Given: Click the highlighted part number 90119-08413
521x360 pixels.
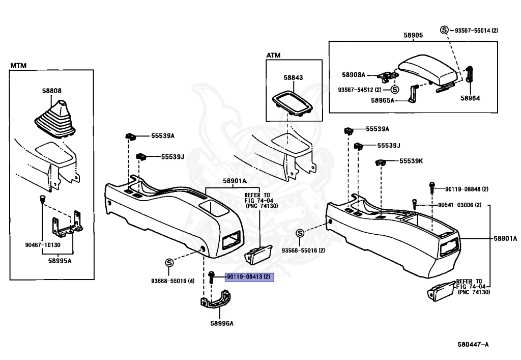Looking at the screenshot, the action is (245, 276).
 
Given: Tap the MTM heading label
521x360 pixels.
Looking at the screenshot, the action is (18, 66).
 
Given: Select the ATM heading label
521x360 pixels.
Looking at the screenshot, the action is (273, 55).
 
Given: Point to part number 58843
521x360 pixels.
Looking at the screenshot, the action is (293, 77).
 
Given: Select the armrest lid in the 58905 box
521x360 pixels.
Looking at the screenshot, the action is (428, 70).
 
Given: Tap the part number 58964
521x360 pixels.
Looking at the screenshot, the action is (470, 98).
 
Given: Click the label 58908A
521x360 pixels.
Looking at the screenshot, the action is (354, 75).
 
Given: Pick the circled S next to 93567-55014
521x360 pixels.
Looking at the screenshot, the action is (444, 30).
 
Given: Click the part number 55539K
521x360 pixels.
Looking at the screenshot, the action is (411, 161).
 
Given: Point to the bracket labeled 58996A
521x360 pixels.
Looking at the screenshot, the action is (216, 300).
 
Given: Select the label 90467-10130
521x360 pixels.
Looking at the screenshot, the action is (43, 245).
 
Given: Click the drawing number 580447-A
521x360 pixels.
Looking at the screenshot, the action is (473, 344).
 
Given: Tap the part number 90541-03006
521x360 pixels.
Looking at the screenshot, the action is (455, 205).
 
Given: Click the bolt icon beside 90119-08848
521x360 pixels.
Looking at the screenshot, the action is (431, 188).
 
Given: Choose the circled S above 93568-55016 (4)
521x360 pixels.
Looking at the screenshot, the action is (169, 263).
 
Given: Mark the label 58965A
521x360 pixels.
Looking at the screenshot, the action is (383, 100).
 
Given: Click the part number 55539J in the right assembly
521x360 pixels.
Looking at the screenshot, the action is (389, 145).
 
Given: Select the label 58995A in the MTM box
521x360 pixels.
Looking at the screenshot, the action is (60, 261).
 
